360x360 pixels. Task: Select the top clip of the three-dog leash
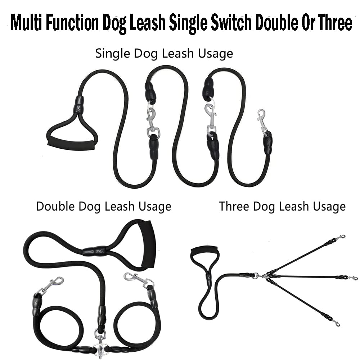[x=340, y=237]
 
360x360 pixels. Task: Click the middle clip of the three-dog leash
[x=353, y=278]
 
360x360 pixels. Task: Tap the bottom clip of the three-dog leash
[x=336, y=323]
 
